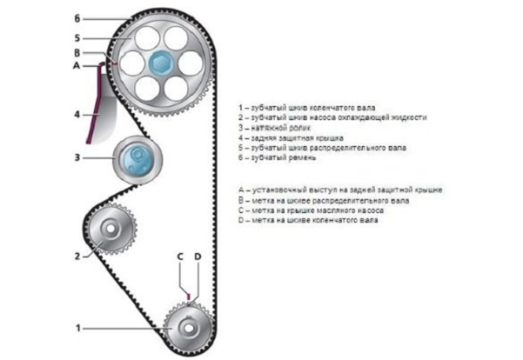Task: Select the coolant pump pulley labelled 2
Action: (111, 230)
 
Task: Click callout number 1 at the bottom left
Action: (77, 328)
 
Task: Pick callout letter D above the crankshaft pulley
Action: (198, 257)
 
